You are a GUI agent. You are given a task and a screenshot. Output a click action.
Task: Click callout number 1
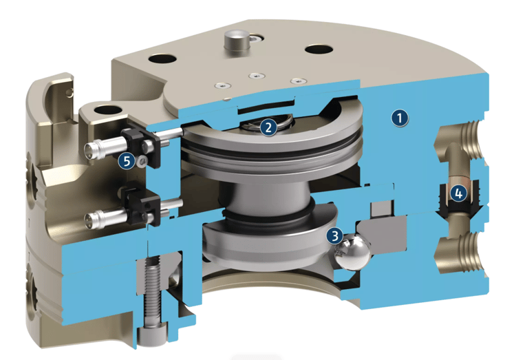click(x=400, y=118)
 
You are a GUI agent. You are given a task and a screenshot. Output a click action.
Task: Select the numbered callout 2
click(x=268, y=127)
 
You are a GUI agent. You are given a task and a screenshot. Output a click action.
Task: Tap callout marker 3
click(x=334, y=236)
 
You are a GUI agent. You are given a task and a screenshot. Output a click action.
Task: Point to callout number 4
click(x=458, y=193)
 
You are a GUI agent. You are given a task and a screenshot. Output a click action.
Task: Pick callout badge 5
click(x=127, y=161)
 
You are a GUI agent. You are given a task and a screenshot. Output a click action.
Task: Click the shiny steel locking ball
click(x=352, y=253)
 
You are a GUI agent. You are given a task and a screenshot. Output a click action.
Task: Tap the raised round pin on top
click(x=236, y=40)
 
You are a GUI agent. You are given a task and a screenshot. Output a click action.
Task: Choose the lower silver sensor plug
click(x=105, y=218)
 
